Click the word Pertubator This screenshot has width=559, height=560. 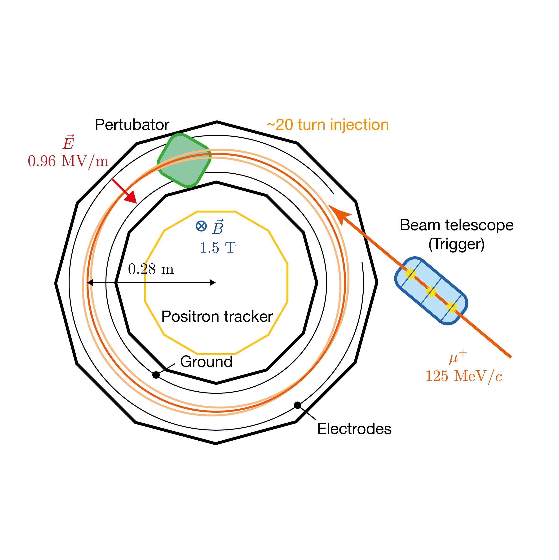[132, 125]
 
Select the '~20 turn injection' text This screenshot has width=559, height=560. [328, 125]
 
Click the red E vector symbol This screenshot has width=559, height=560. [69, 142]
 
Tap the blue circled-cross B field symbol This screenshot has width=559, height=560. [201, 226]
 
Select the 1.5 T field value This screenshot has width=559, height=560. [218, 248]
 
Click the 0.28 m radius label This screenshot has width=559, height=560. [151, 269]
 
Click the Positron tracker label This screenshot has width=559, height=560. [217, 316]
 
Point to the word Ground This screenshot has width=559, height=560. [206, 362]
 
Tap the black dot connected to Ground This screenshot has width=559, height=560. [156, 375]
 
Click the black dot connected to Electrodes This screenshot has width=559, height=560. [298, 405]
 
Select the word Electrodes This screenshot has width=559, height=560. [354, 429]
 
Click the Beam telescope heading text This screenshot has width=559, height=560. [457, 225]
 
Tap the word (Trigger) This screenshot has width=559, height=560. [456, 244]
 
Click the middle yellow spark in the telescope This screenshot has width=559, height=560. [431, 292]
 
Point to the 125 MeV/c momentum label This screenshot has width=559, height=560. [464, 376]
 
